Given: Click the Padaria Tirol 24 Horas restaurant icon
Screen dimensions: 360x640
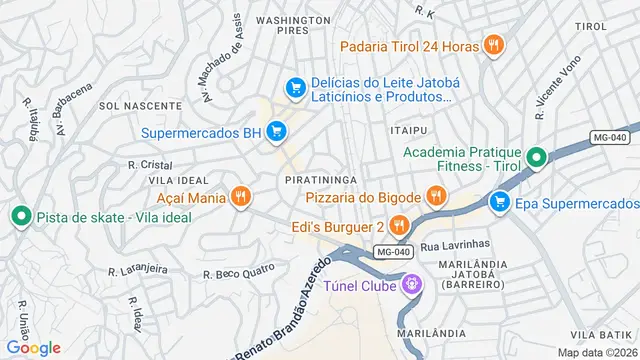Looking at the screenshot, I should point(492,45).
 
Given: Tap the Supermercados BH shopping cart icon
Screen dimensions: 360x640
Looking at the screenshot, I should point(277,132).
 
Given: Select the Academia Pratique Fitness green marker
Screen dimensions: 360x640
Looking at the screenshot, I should point(536,158).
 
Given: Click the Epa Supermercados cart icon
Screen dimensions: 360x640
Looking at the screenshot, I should point(499,203).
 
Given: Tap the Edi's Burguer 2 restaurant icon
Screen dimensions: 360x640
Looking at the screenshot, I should point(397,225).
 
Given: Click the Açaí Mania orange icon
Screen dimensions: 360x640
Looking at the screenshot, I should point(239,197).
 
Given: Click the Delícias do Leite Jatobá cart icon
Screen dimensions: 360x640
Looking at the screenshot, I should point(295,88).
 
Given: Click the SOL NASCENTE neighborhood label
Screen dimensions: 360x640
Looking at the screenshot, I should point(124,105).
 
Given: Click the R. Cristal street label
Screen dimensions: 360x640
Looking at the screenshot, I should point(150,164).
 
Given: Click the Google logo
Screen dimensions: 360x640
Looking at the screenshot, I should point(32,347).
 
